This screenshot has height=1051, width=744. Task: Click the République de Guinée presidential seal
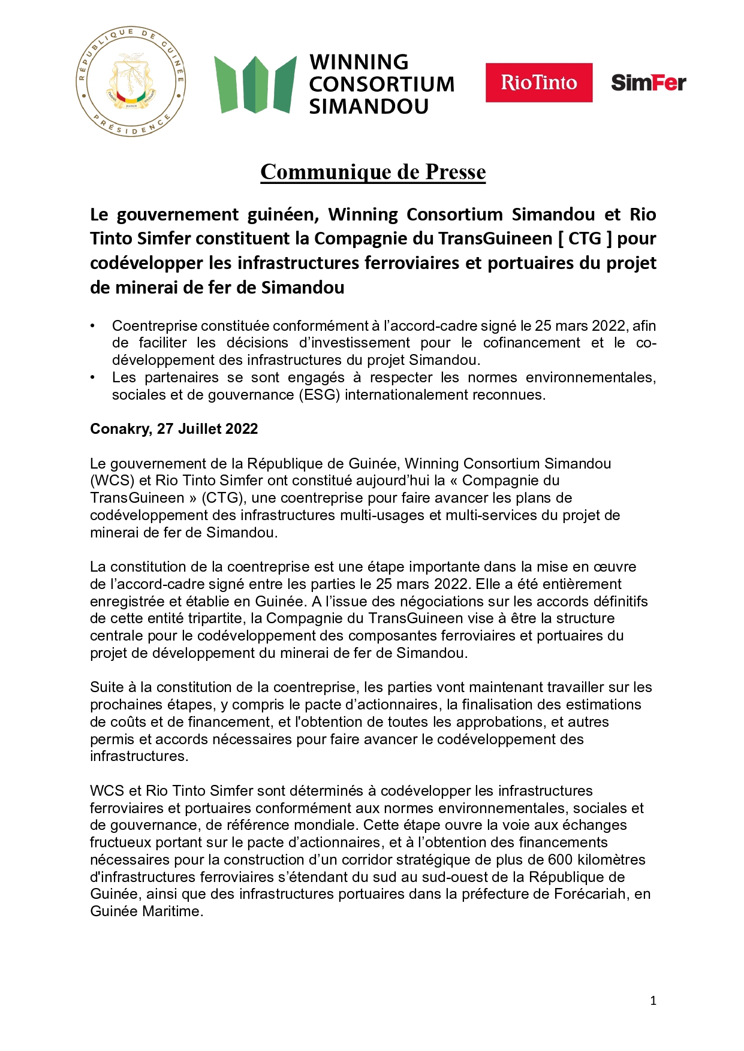coord(131,81)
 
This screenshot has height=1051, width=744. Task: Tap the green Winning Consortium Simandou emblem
coord(255,84)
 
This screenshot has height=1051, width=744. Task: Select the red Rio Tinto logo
coord(538,83)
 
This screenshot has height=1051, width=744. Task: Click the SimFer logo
coord(648,83)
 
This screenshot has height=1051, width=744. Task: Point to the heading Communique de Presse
coord(373,172)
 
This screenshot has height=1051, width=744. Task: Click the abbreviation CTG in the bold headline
coord(585,238)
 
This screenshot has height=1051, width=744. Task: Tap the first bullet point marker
coord(92,326)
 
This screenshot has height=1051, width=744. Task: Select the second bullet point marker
coord(92,377)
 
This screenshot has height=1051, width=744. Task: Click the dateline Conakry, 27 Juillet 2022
coord(174,429)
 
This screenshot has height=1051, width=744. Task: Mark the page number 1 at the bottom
coord(653,1001)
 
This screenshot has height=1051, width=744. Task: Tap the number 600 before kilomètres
coord(561,860)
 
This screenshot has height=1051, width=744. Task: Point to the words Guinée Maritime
coord(146,911)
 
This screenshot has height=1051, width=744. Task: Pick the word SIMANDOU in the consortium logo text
coord(369,107)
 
